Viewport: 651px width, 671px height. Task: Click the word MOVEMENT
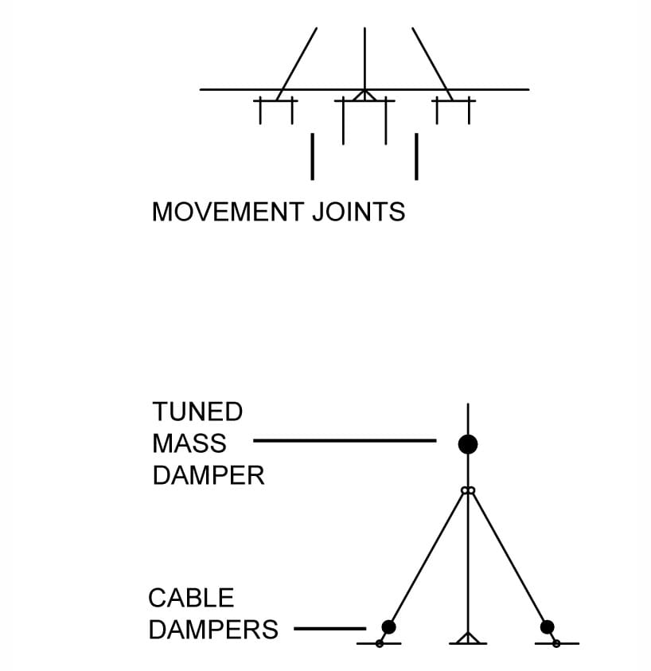coord(228,212)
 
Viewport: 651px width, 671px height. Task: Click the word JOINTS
coord(359,212)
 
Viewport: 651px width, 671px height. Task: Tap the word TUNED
coord(197,412)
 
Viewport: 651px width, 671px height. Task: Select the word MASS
coord(189,443)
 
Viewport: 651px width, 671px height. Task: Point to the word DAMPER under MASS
coord(209,475)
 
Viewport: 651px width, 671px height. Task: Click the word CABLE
coord(191,598)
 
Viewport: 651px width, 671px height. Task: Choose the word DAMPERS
coord(213,630)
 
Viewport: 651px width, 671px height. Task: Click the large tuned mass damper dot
coord(468,444)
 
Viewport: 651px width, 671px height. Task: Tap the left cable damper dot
coord(388,627)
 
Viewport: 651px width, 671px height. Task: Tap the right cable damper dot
coord(547,627)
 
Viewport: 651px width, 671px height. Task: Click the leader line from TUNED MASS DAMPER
coord(345,440)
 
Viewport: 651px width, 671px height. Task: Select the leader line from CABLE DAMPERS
coord(330,629)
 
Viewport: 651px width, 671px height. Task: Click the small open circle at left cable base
coord(380,644)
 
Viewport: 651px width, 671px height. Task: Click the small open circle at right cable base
coord(556,644)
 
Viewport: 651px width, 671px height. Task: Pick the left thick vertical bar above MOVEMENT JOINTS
coord(313,157)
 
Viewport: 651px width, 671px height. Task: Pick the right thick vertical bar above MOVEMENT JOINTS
coord(416,157)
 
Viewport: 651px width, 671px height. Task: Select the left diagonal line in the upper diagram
coord(297,64)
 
